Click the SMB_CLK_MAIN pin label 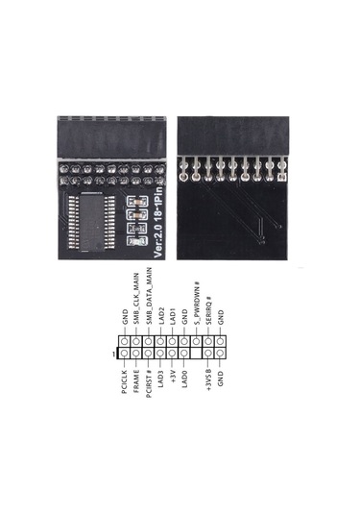pos(138,302)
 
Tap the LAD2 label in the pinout pos(161,318)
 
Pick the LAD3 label pos(161,378)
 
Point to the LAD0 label pos(185,378)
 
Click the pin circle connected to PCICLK pos(126,354)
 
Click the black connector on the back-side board pos(234,135)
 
